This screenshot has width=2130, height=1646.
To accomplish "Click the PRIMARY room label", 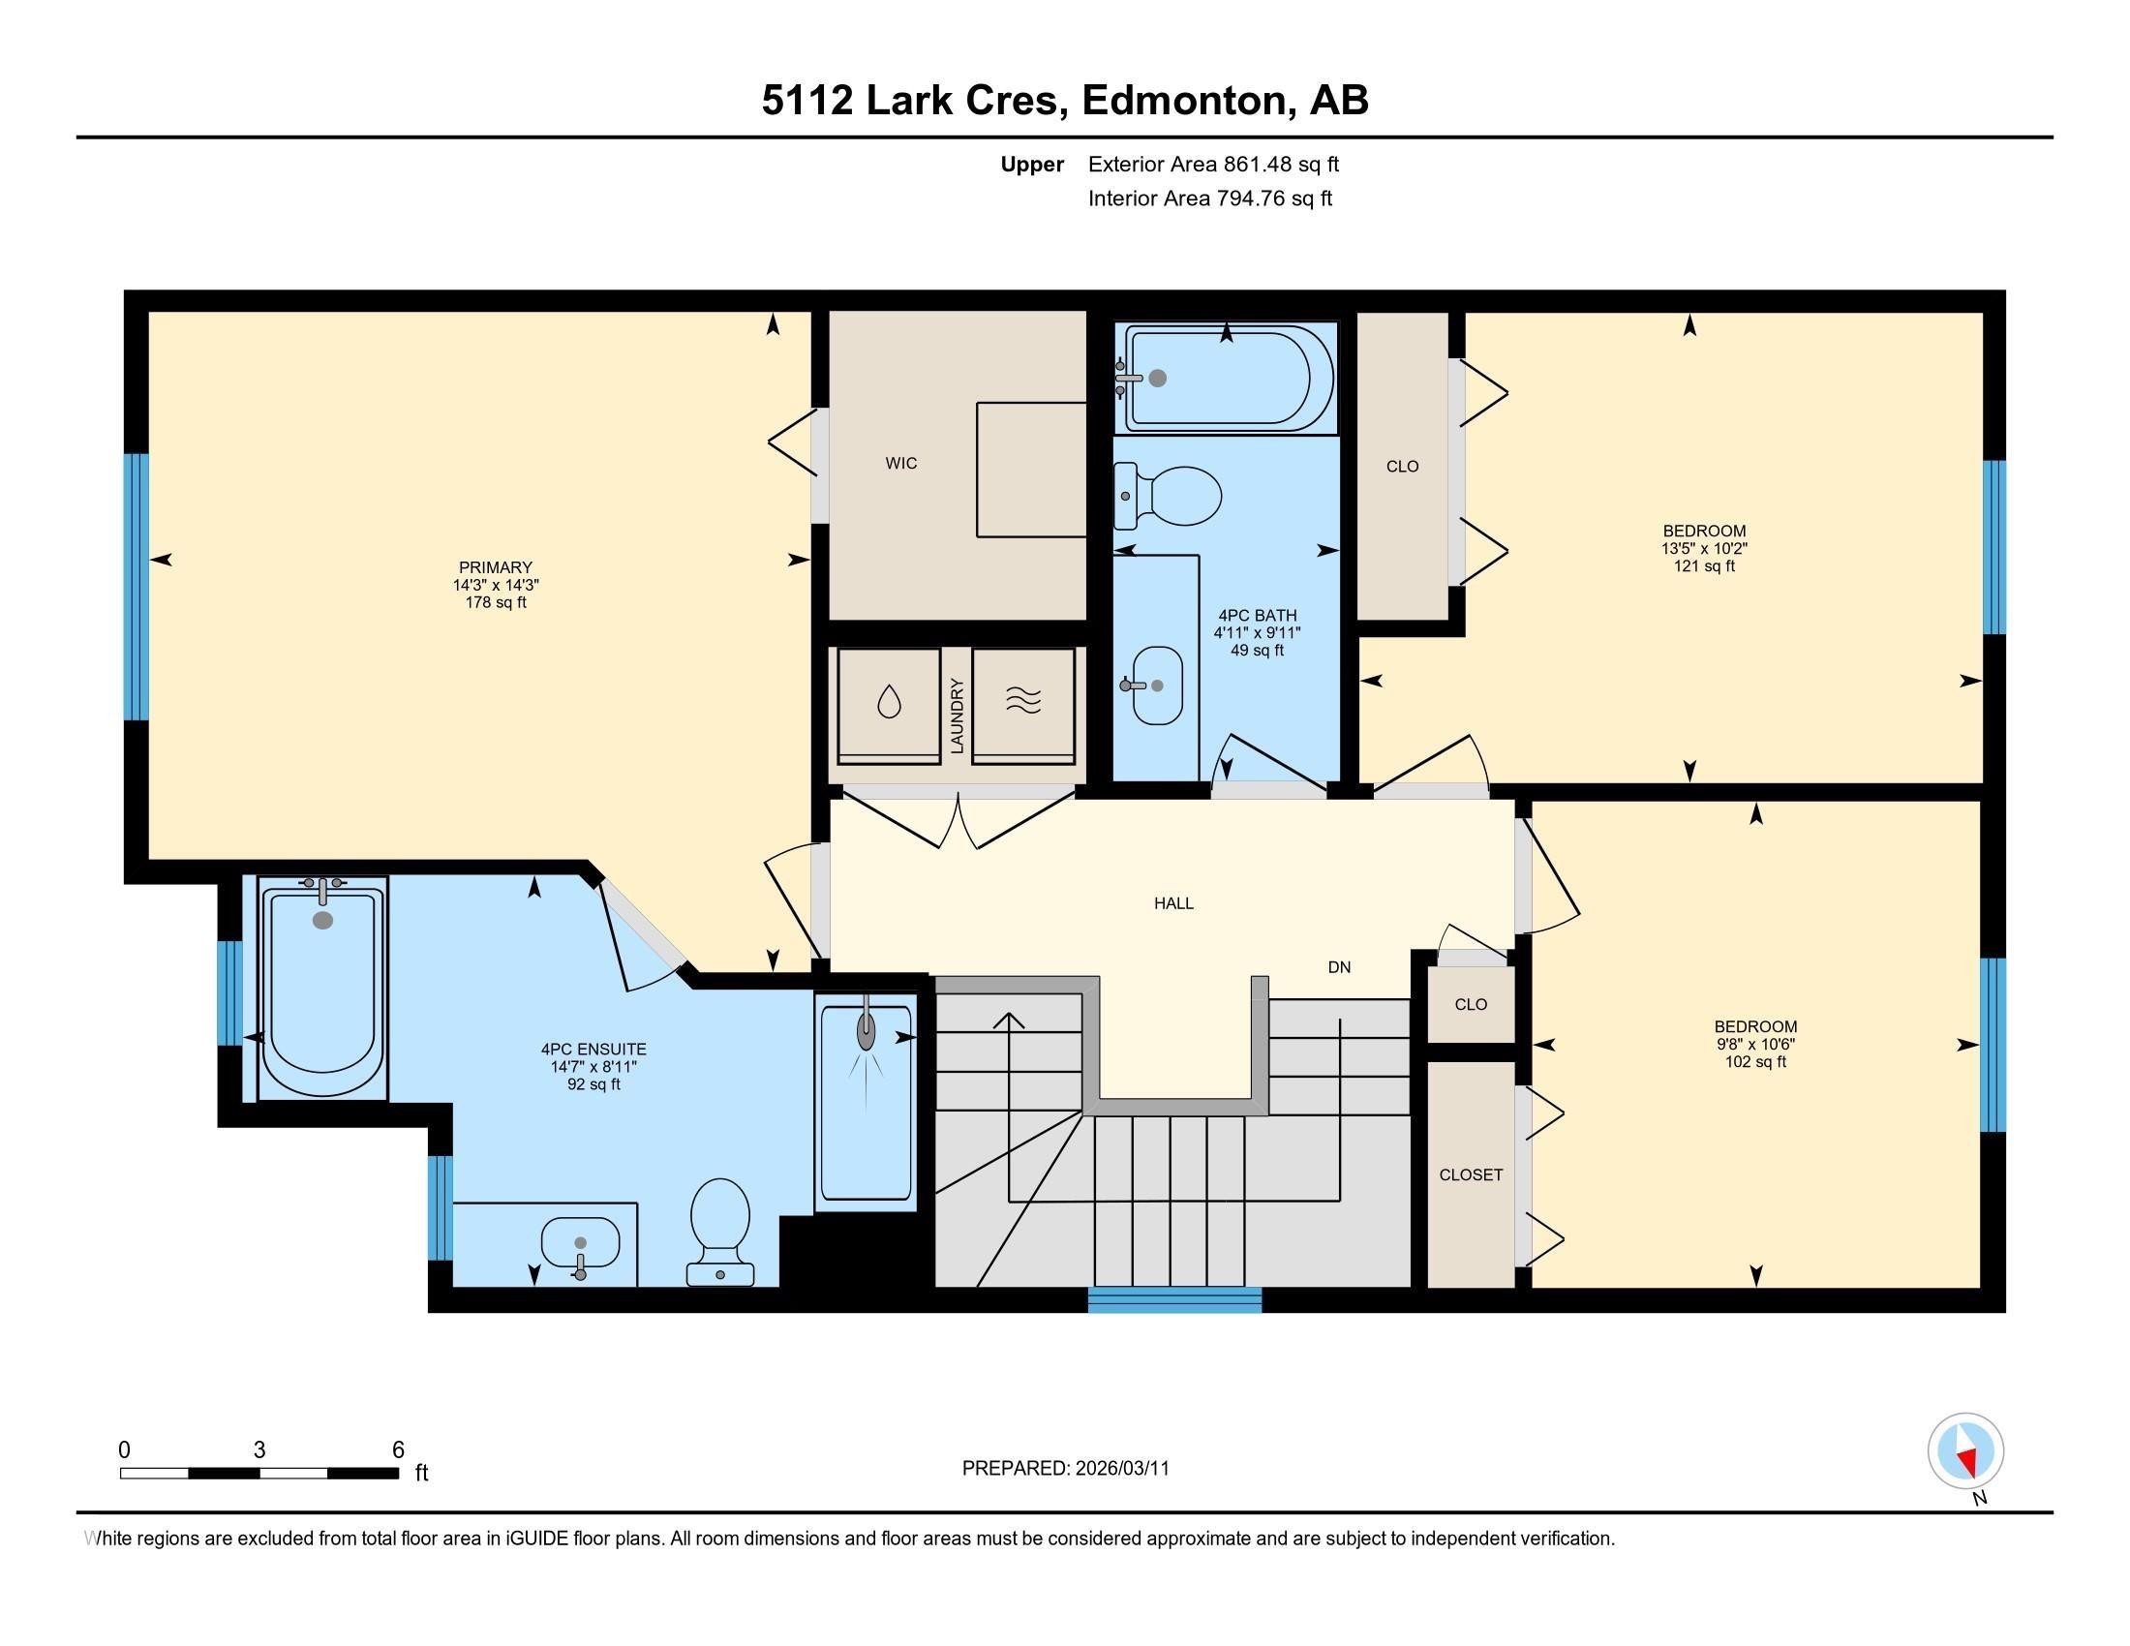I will click(x=496, y=567).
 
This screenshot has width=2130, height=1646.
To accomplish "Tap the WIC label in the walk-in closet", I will click(x=900, y=463).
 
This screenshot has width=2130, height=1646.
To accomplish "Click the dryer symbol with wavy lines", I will click(x=1022, y=699).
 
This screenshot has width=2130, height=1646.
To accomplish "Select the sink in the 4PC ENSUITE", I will click(x=580, y=1245).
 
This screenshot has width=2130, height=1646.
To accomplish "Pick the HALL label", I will click(x=1173, y=903).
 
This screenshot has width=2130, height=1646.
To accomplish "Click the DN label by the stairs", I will click(x=1339, y=967).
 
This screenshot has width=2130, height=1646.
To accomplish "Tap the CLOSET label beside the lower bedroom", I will click(x=1470, y=1175).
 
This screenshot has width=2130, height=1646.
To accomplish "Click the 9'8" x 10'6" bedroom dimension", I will click(x=1754, y=1044).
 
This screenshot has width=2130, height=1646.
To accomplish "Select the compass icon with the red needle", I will click(x=1965, y=1451).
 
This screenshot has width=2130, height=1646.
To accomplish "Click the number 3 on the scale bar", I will click(x=259, y=1450).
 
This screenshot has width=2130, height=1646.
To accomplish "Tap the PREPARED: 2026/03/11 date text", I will click(x=1065, y=1469).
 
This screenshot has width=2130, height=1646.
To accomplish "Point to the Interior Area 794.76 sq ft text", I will click(x=1209, y=198).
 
